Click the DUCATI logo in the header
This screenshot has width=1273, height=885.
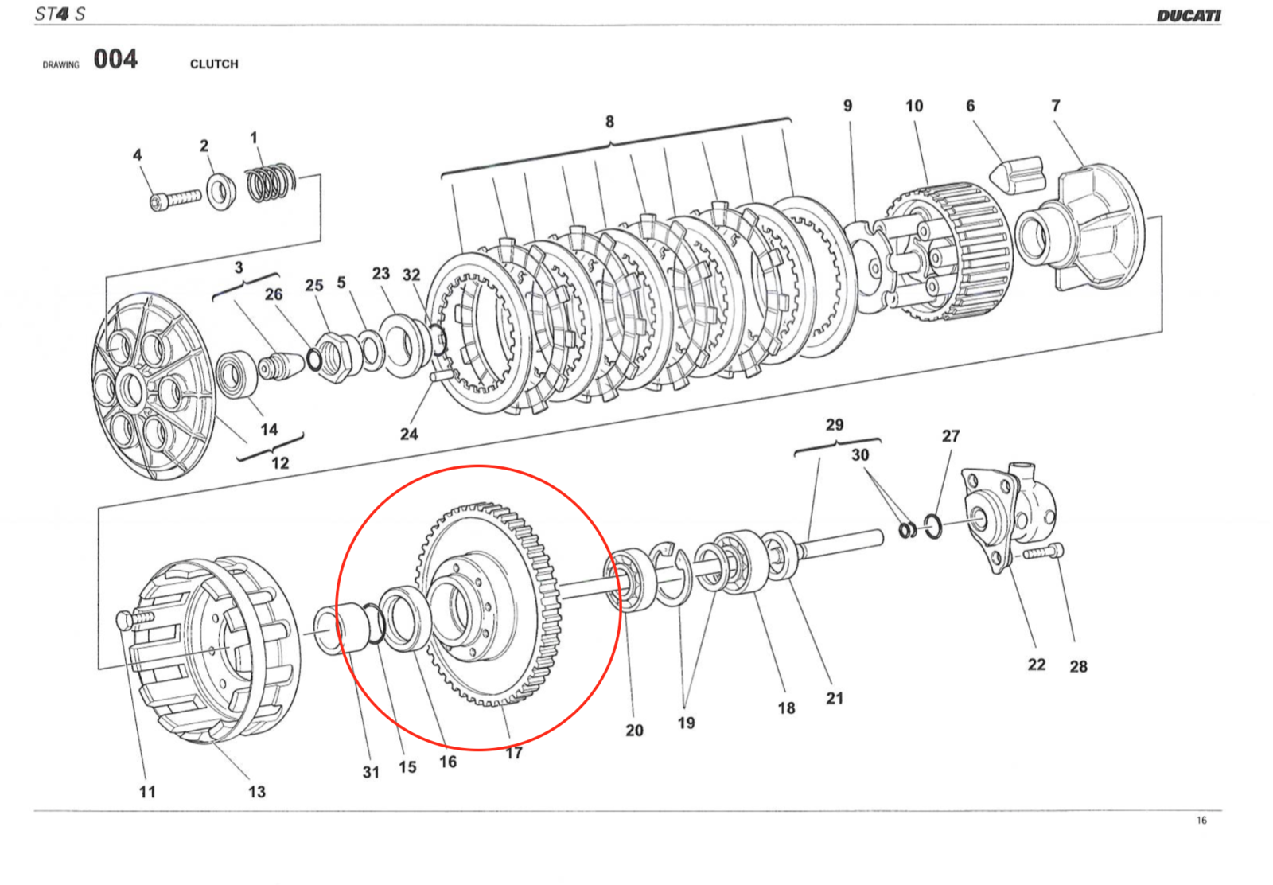point(1188,15)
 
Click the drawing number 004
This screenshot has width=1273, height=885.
point(115,60)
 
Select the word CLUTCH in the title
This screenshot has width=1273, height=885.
point(214,64)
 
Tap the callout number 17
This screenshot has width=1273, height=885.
point(514,753)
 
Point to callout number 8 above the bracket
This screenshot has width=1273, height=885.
point(609,122)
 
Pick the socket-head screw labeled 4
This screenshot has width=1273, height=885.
point(174,197)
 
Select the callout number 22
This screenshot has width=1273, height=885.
point(1036,665)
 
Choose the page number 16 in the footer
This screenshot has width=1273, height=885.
point(1201,821)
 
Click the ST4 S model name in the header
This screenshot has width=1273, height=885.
point(60,14)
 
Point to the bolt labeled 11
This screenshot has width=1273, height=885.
point(135,618)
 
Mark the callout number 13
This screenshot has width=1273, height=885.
point(256,792)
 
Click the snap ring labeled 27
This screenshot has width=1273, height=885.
point(933,526)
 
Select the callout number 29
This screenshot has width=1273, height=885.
point(834,425)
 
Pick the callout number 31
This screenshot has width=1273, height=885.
point(371,772)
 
